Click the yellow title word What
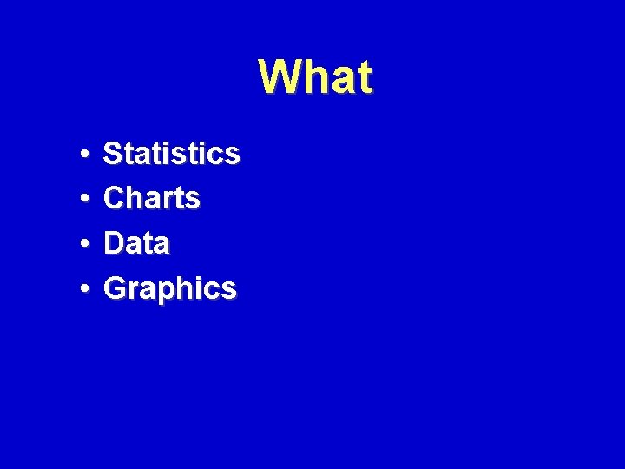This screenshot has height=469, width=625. tap(316, 76)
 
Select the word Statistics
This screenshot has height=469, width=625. tap(171, 154)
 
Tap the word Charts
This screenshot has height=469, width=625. tap(152, 198)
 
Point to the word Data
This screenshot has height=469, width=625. tap(136, 243)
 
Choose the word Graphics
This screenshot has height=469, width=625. tap(169, 288)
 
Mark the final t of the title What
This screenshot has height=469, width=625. tap(364, 77)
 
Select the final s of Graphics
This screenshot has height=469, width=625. tap(228, 289)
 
